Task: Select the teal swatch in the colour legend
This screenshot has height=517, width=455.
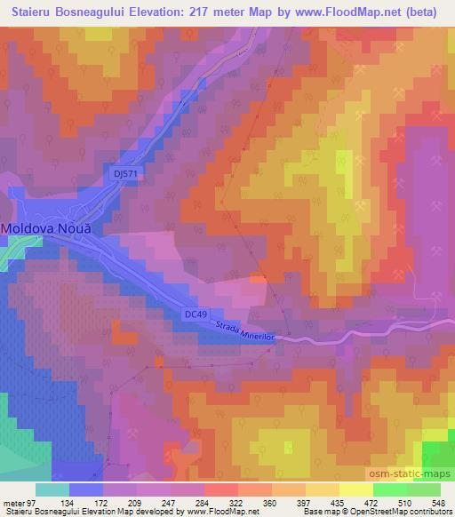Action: [x=52, y=490]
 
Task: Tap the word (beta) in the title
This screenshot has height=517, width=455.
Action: [x=427, y=10]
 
